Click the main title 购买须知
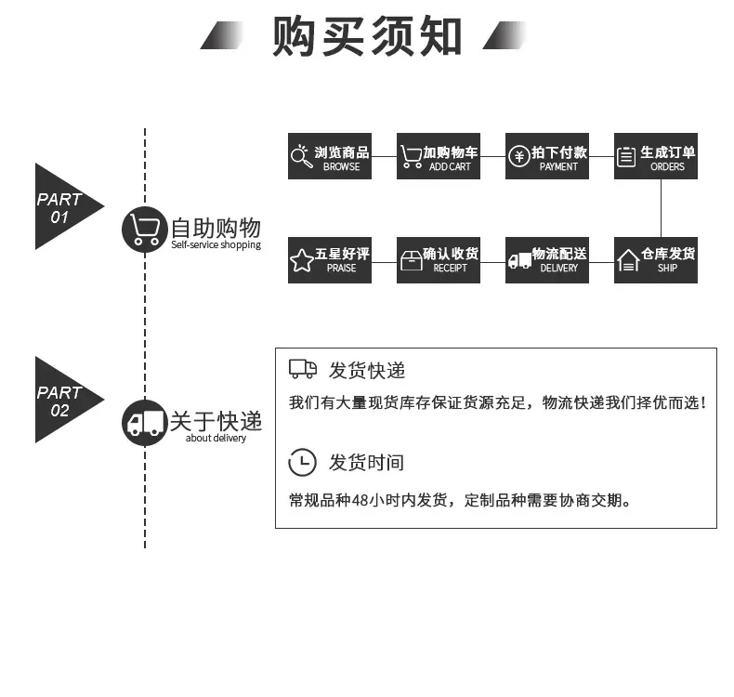click(x=367, y=35)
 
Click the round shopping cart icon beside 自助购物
click(x=145, y=230)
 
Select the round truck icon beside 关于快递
click(x=145, y=423)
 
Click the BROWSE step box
click(x=330, y=156)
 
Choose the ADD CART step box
click(x=439, y=156)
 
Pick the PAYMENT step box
click(x=546, y=156)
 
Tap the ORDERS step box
click(x=655, y=156)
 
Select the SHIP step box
click(x=655, y=260)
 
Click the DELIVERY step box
click(x=546, y=260)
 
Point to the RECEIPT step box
click(x=439, y=260)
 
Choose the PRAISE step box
click(x=330, y=260)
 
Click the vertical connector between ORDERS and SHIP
click(x=661, y=208)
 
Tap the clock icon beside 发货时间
click(x=302, y=462)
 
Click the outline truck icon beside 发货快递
click(x=303, y=369)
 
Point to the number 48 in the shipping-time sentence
click(x=360, y=500)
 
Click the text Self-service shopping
click(x=216, y=244)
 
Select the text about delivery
click(x=216, y=438)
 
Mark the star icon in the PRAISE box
click(x=302, y=260)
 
